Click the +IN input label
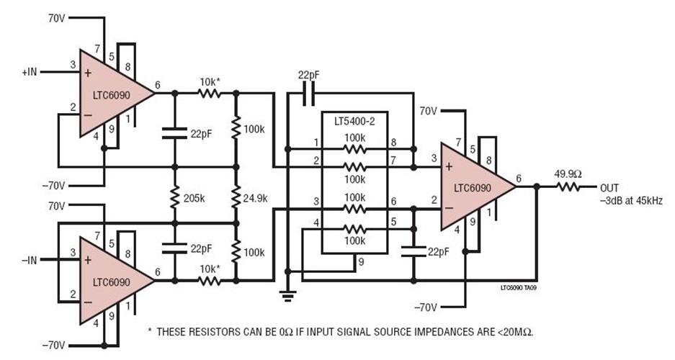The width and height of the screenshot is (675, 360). coord(34,72)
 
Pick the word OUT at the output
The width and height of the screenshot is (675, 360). coord(609,187)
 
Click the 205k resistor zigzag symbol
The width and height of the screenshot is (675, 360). coord(174,197)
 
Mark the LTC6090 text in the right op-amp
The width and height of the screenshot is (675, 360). coord(472,187)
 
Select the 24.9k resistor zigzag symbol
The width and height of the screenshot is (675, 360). coord(236,197)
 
